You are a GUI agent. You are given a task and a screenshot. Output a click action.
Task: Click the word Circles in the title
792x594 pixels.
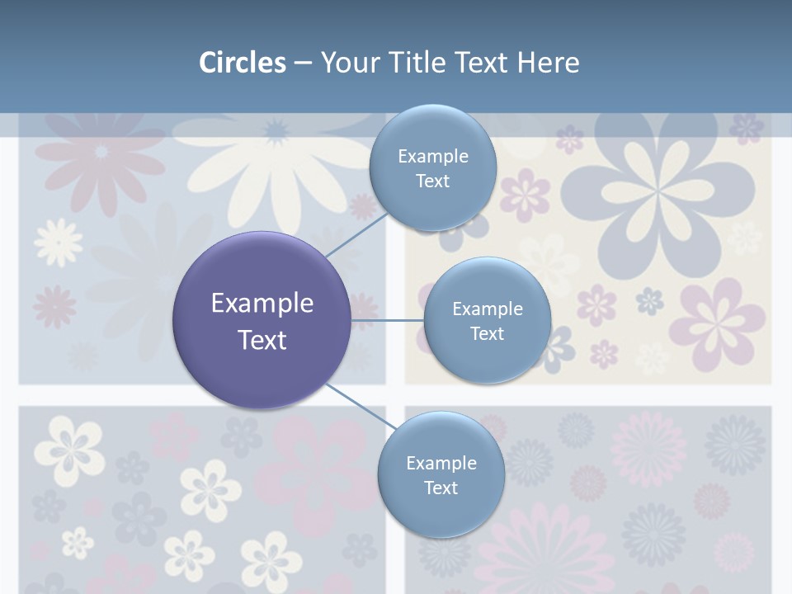pyautogui.click(x=243, y=63)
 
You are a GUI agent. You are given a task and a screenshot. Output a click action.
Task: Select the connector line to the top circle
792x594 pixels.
pyautogui.click(x=356, y=233)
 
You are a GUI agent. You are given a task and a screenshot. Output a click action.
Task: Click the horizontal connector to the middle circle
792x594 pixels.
pyautogui.click(x=387, y=319)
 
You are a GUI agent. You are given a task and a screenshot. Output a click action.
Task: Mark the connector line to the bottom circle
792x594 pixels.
pyautogui.click(x=361, y=406)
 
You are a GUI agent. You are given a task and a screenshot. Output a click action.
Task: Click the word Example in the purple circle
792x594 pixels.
pyautogui.click(x=262, y=303)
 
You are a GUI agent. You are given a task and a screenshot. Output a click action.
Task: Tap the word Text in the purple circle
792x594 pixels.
pyautogui.click(x=262, y=339)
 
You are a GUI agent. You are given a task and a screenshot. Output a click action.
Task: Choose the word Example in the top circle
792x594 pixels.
pyautogui.click(x=433, y=156)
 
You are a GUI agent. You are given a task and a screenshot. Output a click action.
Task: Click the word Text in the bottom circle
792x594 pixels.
pyautogui.click(x=441, y=488)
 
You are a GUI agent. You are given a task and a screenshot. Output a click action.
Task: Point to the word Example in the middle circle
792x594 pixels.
pyautogui.click(x=488, y=309)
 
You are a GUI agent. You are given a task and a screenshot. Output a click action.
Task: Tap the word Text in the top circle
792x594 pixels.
pyautogui.click(x=433, y=181)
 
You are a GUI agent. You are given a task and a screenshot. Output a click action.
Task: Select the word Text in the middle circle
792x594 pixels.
pyautogui.click(x=488, y=333)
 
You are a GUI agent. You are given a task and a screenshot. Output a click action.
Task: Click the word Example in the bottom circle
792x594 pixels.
pyautogui.click(x=441, y=463)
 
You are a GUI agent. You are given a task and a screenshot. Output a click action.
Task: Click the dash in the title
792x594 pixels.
pyautogui.click(x=303, y=63)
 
